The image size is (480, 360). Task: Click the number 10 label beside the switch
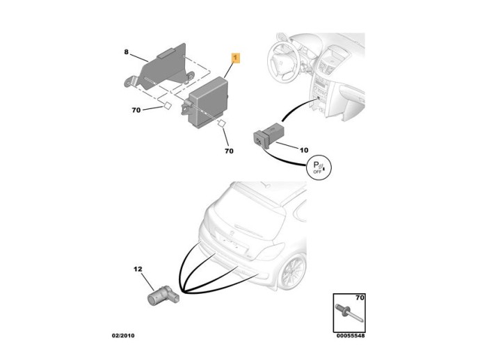coord(303,150)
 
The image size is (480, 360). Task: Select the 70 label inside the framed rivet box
coord(358,298)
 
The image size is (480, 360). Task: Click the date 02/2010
coord(123,336)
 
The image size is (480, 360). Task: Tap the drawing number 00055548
coord(350,336)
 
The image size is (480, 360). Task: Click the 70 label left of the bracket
coord(136,110)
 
